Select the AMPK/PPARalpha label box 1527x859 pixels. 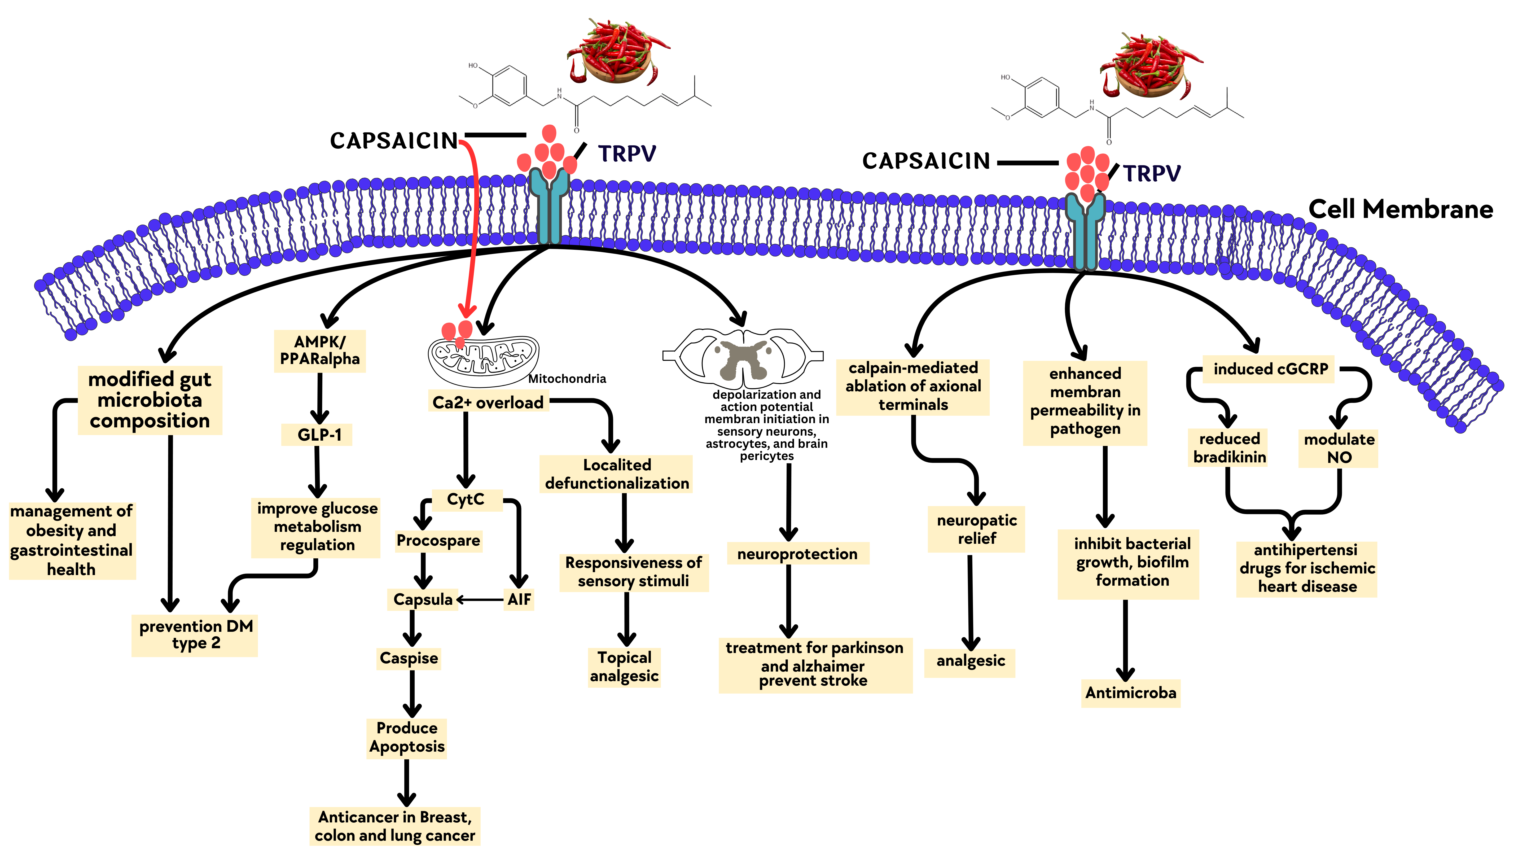click(x=319, y=350)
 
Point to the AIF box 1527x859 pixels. click(x=519, y=599)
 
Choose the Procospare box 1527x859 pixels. click(x=438, y=541)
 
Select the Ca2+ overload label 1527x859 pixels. click(x=488, y=402)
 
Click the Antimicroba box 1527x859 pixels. click(x=1130, y=693)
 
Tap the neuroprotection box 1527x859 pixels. click(x=797, y=554)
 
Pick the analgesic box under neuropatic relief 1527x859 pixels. click(x=970, y=661)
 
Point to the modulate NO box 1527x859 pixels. click(x=1339, y=448)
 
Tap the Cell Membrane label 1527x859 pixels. click(x=1400, y=209)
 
